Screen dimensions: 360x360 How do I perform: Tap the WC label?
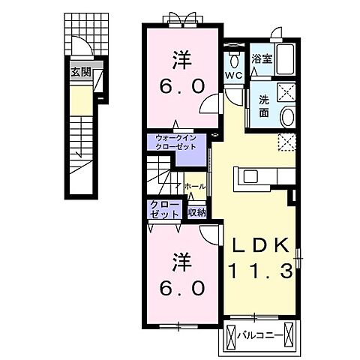coord(234,75)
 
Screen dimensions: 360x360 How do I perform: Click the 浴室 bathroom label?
coord(262,58)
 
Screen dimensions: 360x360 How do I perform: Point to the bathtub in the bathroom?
coord(286,59)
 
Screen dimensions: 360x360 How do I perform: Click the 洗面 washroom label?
coord(264,106)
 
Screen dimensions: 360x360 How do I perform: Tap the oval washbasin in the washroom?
coord(288,116)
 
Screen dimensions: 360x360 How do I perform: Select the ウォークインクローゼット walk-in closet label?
coord(175,142)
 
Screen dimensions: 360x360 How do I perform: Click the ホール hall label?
coord(195,186)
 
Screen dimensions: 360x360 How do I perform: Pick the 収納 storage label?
coord(197,212)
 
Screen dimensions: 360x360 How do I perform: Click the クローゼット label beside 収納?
coord(164,209)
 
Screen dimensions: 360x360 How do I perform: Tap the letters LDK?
coord(261,245)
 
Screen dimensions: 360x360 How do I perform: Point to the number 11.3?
coord(260,271)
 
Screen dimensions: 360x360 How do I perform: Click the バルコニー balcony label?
coord(260,334)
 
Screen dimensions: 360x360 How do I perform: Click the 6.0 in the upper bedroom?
coord(182,86)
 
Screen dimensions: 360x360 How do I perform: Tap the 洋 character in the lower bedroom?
coord(182,262)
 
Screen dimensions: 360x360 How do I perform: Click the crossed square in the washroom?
coord(286,92)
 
